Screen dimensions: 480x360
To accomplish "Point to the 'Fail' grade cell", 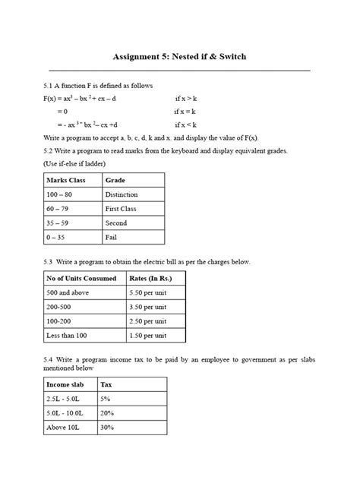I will [112, 237].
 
